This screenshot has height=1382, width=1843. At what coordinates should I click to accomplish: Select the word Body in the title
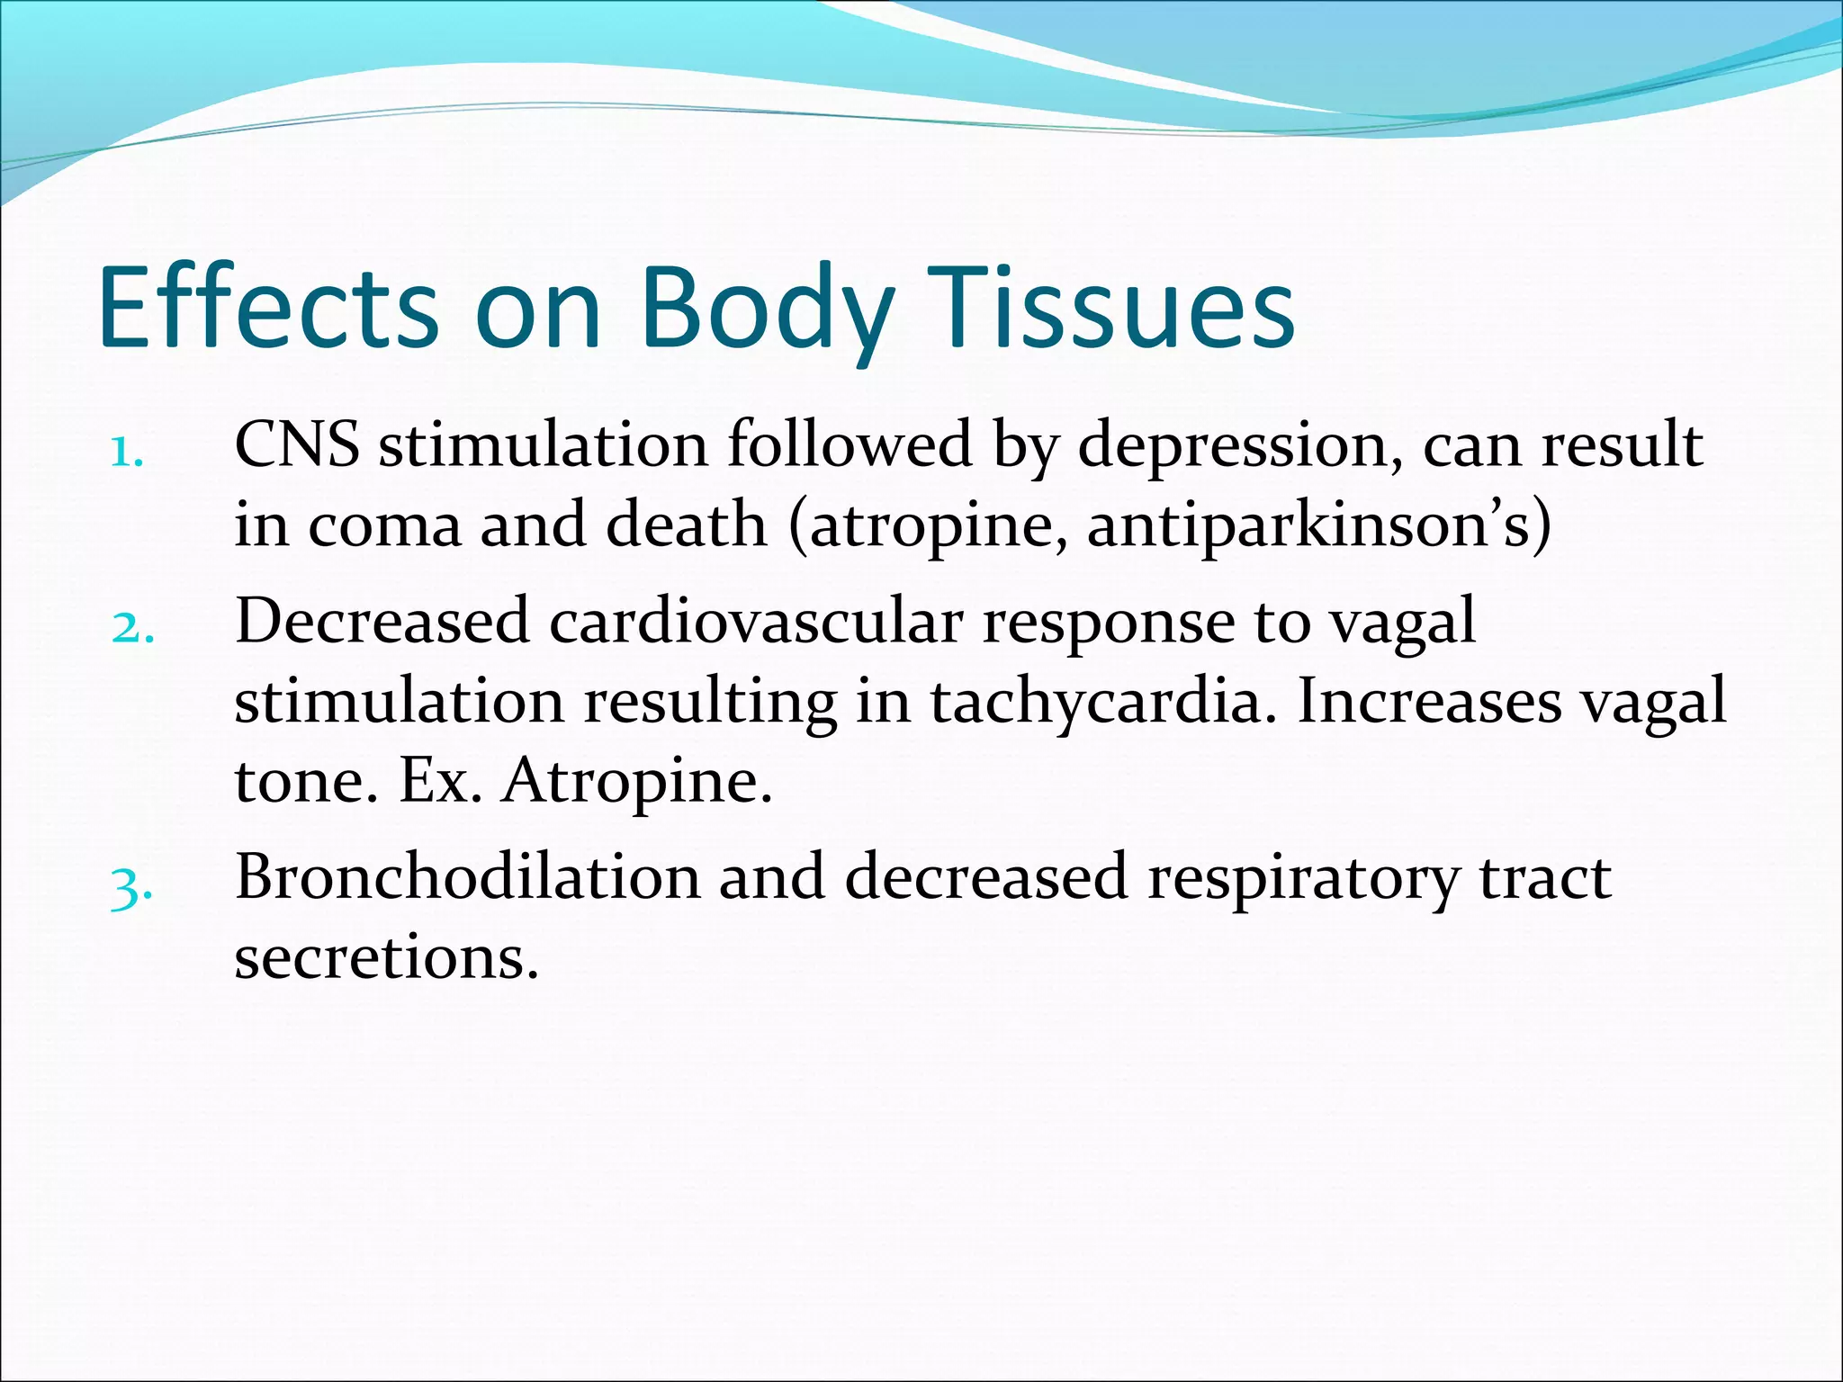tap(768, 308)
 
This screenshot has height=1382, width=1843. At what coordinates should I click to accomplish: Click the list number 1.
tap(126, 454)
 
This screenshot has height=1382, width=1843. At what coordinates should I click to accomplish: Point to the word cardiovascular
tap(756, 622)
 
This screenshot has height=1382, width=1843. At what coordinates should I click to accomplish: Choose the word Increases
tap(1430, 703)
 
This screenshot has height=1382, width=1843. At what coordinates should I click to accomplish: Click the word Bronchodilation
tap(467, 877)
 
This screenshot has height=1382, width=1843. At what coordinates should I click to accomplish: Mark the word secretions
tap(386, 958)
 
